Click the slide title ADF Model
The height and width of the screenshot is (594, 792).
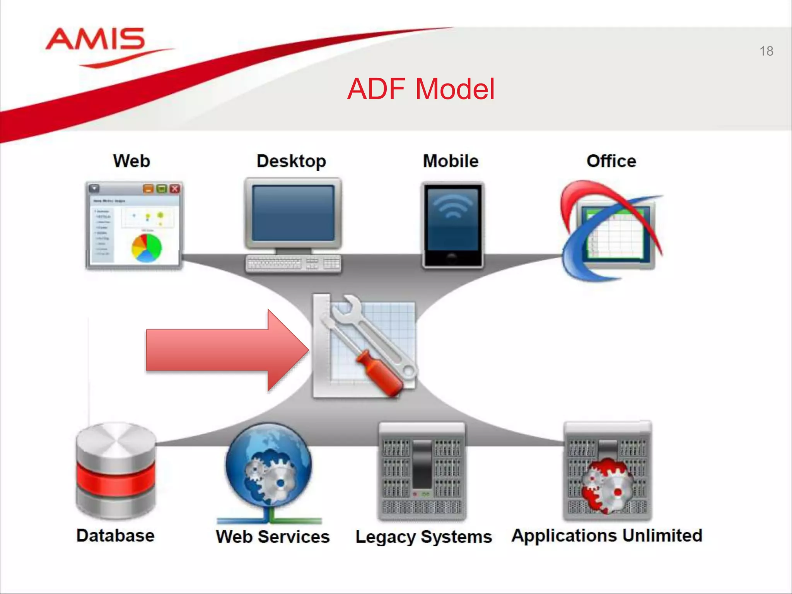click(x=421, y=89)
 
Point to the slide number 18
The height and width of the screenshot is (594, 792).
click(x=766, y=51)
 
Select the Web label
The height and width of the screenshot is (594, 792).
click(x=131, y=161)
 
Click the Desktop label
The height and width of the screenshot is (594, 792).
click(x=291, y=161)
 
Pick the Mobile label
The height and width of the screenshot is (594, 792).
click(x=451, y=161)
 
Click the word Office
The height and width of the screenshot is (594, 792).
click(x=611, y=161)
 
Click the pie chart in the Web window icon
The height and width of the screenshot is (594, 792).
click(x=147, y=247)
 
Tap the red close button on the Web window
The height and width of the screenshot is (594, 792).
click(x=175, y=189)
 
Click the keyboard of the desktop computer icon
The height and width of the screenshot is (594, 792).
click(x=293, y=264)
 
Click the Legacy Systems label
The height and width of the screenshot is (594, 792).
click(x=423, y=537)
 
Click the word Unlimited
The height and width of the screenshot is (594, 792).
click(x=662, y=535)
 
